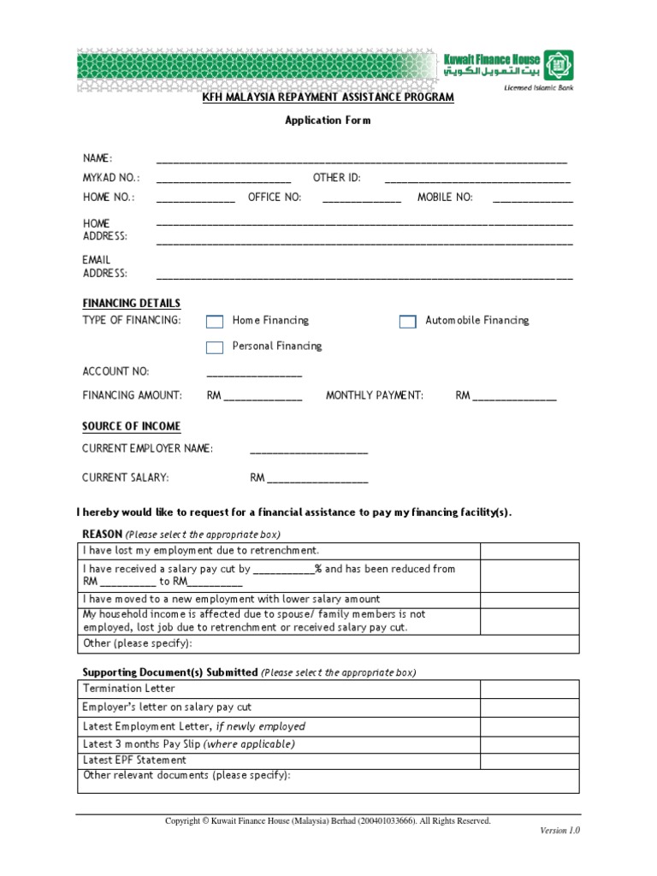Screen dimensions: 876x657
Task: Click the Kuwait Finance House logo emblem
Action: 559,65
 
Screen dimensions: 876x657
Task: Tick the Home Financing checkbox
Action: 215,321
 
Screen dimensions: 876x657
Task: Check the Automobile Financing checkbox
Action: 407,321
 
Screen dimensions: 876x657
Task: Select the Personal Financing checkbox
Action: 215,346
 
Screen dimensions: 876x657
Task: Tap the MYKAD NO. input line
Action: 224,180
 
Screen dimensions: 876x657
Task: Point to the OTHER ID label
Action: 337,178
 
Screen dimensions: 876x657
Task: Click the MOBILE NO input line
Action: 533,199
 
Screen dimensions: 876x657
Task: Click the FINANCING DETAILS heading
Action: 131,303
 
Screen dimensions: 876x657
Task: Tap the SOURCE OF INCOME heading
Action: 131,426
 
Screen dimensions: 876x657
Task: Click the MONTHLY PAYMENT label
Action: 375,395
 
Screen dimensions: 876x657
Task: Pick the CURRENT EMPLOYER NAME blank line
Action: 309,451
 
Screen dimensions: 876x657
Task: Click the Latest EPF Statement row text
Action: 134,760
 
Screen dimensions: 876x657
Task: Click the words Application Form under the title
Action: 328,121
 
